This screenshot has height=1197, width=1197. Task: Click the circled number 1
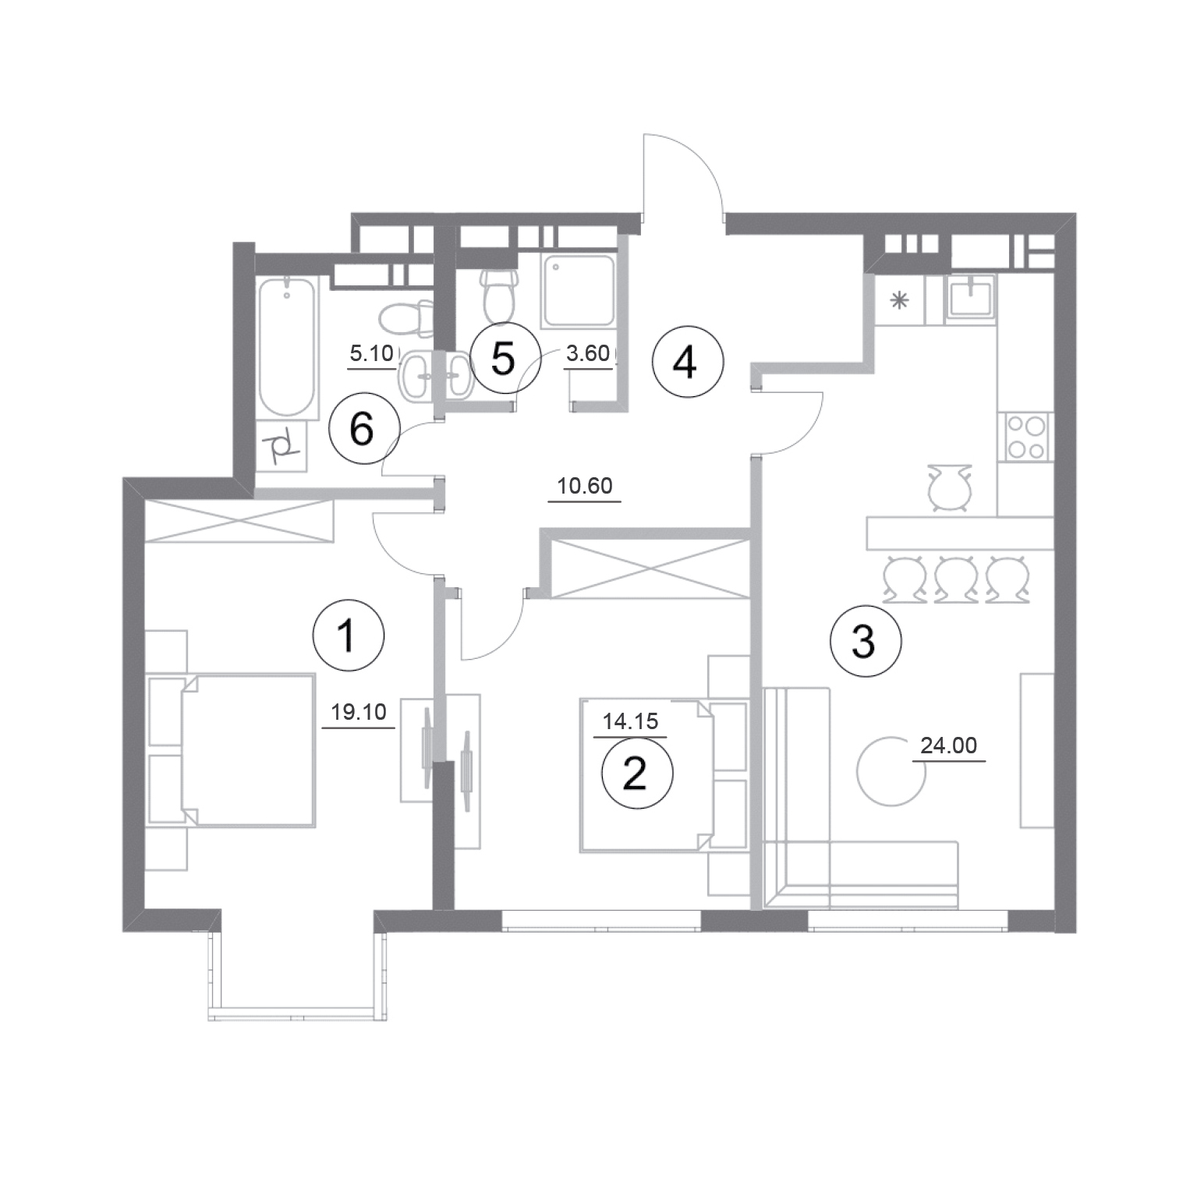[x=348, y=636]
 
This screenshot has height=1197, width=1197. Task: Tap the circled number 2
[x=636, y=774]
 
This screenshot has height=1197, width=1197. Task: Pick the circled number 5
[x=505, y=359]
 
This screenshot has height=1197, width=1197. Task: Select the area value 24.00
[x=949, y=746]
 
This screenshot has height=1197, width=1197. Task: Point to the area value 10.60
[x=585, y=486]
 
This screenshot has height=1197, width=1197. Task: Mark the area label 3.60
[x=588, y=353]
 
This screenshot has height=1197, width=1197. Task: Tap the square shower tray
[x=579, y=289]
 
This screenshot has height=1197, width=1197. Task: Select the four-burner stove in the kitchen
[x=1026, y=437]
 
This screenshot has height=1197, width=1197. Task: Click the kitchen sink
[x=970, y=299]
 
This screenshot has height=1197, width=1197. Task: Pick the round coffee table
[x=891, y=772]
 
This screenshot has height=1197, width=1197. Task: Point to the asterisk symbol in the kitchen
[x=900, y=300]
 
